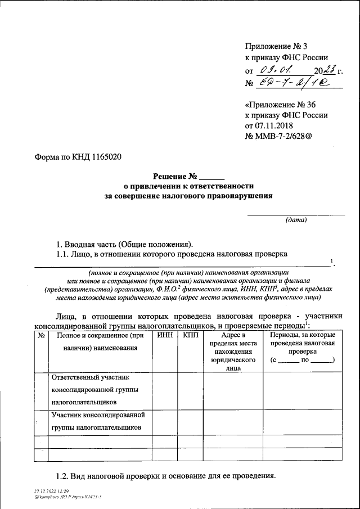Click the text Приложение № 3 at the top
277,47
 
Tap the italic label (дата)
296,220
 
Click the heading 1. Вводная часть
124,244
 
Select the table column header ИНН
165,336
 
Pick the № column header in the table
41,336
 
